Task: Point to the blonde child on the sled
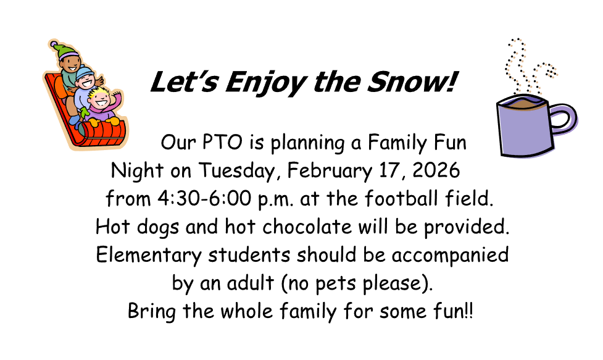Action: [99, 99]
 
